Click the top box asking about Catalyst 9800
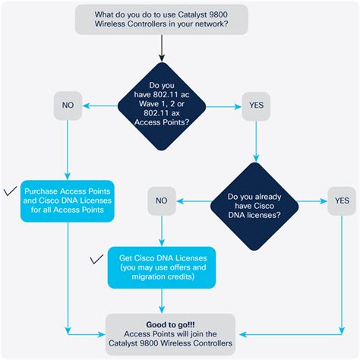click(x=161, y=19)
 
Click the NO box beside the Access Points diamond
click(x=68, y=106)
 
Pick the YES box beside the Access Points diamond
click(x=255, y=106)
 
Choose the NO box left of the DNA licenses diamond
click(x=162, y=202)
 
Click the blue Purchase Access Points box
click(x=68, y=201)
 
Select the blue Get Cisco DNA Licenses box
click(x=162, y=267)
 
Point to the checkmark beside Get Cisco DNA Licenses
click(x=97, y=260)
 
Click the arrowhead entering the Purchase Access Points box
click(x=68, y=176)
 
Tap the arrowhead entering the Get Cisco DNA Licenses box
click(x=162, y=243)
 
